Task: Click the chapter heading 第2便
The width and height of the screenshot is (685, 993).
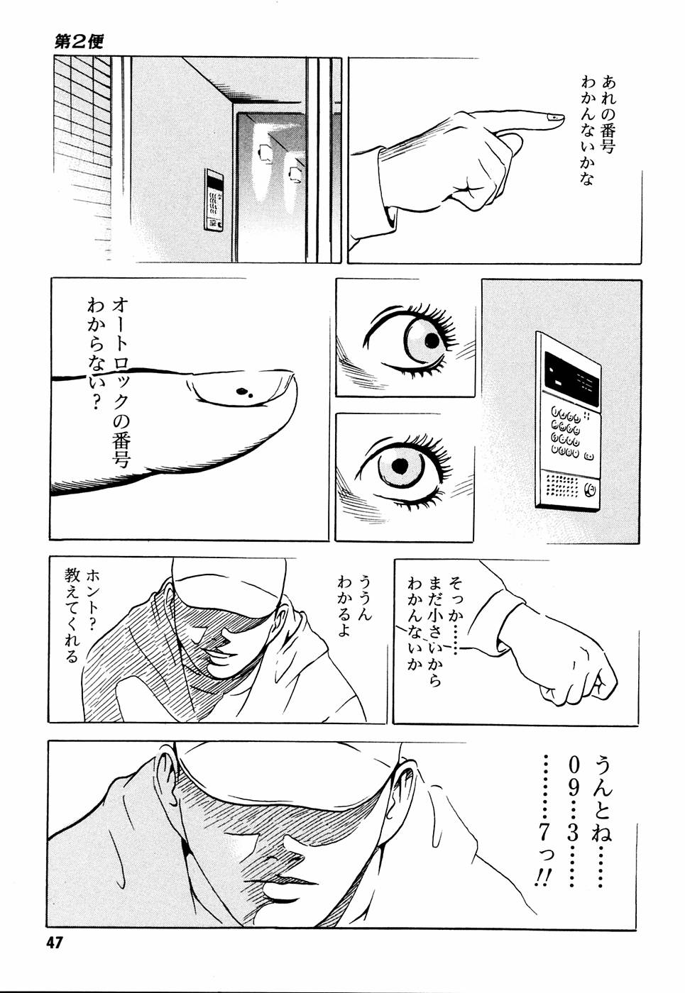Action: tap(78, 40)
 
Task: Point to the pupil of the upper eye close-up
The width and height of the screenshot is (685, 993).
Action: tap(432, 340)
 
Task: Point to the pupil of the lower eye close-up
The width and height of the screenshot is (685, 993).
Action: tap(400, 465)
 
